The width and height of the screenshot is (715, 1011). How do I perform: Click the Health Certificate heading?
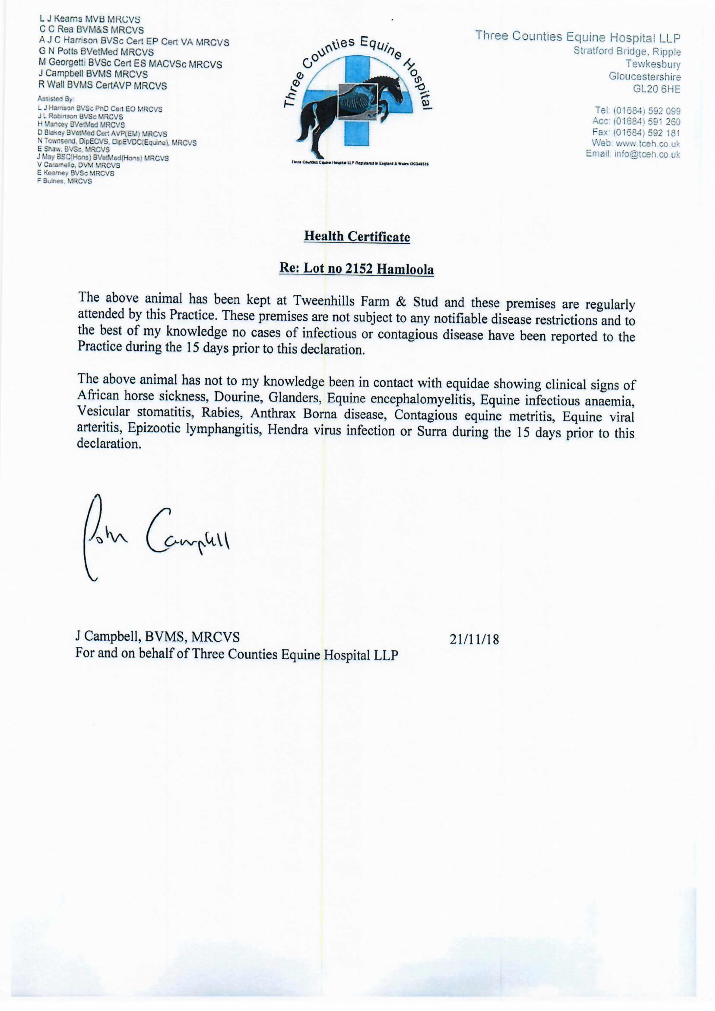(357, 237)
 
